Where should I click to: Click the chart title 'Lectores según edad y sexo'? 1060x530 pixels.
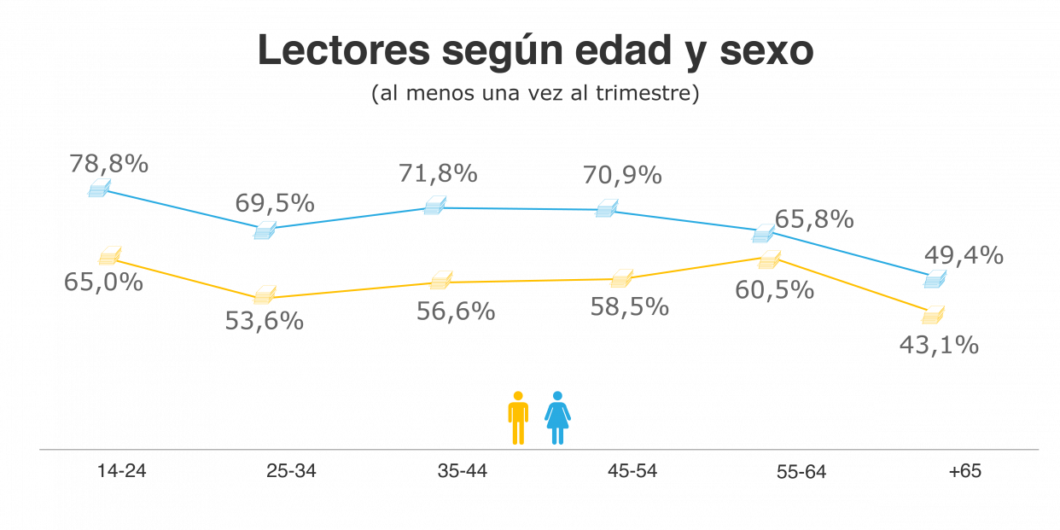535,51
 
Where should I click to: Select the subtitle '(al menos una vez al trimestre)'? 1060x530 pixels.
535,93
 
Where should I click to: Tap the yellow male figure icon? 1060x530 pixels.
518,418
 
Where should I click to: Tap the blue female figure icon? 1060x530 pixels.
557,418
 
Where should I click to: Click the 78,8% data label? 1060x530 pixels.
109,164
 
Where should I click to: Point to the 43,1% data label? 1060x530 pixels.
939,346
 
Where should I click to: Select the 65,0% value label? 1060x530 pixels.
103,282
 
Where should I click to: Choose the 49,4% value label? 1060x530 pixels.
964,255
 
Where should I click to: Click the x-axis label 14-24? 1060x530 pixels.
121,471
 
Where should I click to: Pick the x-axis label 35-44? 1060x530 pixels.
462,471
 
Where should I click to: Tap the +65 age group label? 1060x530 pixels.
964,471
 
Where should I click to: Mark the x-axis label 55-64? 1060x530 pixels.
801,472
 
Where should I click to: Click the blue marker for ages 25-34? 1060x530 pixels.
265,230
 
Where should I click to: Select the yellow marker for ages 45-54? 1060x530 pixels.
622,278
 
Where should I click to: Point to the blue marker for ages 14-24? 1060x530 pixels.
100,189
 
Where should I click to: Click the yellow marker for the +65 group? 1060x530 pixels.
934,315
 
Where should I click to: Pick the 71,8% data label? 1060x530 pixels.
438,173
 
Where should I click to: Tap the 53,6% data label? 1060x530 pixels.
264,322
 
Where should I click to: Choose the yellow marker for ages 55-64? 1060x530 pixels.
769,259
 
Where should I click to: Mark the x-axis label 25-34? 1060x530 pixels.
291,471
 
